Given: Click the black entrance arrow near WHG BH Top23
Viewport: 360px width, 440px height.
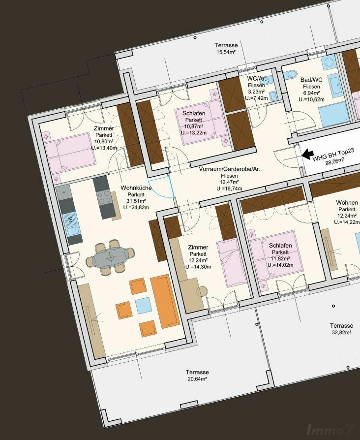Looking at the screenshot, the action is [308, 154].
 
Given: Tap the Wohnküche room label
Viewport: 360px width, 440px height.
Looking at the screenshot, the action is [136, 188].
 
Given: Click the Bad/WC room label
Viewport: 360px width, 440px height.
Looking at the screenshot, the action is [311, 80].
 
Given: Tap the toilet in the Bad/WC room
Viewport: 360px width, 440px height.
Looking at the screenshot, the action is [290, 75].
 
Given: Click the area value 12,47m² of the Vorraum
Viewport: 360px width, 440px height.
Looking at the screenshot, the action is [229, 182].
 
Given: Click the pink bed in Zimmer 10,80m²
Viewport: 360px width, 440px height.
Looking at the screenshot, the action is [70, 153].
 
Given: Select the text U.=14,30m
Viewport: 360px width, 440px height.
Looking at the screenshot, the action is [198, 267].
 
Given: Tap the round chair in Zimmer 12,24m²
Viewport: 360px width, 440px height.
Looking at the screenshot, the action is [202, 290].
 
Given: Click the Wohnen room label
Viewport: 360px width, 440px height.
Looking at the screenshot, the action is [347, 203].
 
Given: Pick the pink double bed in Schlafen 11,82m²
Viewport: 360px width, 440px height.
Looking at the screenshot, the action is [276, 255].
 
